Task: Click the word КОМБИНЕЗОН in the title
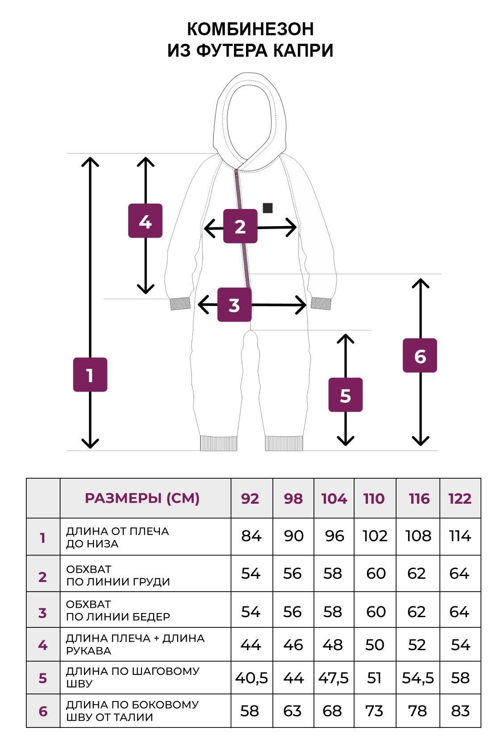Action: click(x=250, y=29)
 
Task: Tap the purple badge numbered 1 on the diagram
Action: click(x=90, y=375)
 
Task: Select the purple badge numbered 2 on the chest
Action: click(x=240, y=226)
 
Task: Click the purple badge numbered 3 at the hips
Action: click(x=234, y=305)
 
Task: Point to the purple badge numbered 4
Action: click(x=145, y=221)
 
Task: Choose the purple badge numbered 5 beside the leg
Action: click(x=345, y=395)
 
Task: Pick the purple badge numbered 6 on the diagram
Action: click(x=420, y=356)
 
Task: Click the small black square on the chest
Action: click(x=267, y=208)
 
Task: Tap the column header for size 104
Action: click(x=334, y=498)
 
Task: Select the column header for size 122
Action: click(x=460, y=498)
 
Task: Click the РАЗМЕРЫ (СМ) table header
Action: click(x=142, y=498)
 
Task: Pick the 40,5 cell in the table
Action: click(x=251, y=678)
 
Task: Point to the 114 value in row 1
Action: click(x=460, y=536)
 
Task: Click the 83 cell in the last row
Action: click(x=460, y=710)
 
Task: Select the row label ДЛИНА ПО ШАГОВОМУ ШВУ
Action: click(x=133, y=677)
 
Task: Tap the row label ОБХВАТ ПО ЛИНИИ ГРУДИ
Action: click(x=118, y=575)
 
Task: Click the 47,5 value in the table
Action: click(x=334, y=678)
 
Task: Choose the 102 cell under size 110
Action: click(x=375, y=536)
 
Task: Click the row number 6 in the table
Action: click(x=43, y=711)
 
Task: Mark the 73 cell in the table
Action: click(x=374, y=710)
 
